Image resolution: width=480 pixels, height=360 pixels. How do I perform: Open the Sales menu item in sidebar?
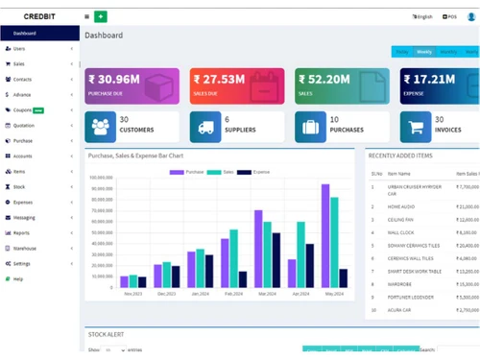tap(19, 63)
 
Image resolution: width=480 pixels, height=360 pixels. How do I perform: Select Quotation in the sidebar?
tap(23, 125)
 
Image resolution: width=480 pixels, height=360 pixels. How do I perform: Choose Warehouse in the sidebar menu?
tap(25, 248)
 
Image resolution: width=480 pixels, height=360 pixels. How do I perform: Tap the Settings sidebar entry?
tap(22, 263)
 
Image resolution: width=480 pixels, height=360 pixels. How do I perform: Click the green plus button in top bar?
tap(101, 16)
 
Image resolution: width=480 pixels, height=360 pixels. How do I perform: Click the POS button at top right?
tap(450, 16)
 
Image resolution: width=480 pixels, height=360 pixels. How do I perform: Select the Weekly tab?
tap(423, 52)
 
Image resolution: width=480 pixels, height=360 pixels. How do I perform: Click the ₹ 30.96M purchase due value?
tap(114, 79)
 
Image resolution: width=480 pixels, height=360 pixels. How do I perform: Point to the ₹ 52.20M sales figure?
tap(324, 79)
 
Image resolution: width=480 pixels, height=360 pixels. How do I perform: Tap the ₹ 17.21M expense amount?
tap(429, 79)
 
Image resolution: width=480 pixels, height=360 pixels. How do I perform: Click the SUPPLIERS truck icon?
tap(203, 126)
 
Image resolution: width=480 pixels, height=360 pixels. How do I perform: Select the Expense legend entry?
tap(257, 172)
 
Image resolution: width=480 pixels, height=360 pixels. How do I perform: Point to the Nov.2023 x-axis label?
tap(132, 294)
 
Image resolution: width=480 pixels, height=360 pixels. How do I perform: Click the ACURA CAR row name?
tap(400, 310)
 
